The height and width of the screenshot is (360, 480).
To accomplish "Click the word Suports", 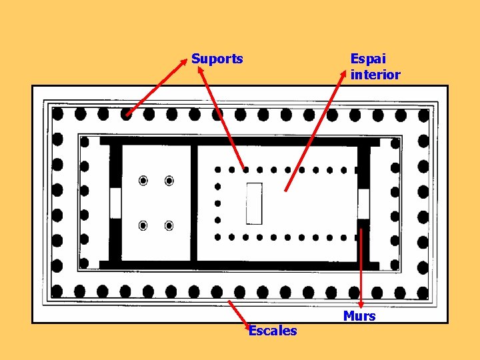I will click(217, 59).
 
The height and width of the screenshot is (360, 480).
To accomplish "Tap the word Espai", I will click(367, 59).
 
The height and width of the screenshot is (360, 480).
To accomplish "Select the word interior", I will click(375, 75).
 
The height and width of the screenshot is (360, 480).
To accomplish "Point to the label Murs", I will click(359, 316).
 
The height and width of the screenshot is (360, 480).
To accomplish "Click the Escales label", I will click(273, 331).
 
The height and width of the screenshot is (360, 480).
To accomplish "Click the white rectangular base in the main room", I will click(254, 203).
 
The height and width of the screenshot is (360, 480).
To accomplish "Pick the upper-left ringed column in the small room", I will click(143, 181).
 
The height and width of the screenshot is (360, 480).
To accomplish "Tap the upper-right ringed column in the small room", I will click(169, 181).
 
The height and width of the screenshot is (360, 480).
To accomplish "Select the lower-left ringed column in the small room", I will click(143, 225).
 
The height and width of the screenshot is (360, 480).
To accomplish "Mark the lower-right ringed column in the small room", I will click(169, 225).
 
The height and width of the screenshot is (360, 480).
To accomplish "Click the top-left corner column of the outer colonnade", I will click(58, 114).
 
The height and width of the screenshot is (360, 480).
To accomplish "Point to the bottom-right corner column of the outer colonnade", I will click(423, 292).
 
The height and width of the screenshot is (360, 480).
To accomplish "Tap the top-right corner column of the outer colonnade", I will click(423, 114).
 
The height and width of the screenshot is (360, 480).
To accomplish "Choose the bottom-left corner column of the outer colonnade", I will click(58, 291).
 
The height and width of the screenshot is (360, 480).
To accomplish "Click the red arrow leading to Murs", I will click(361, 267).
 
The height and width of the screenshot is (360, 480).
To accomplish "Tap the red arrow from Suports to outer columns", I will click(155, 87).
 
